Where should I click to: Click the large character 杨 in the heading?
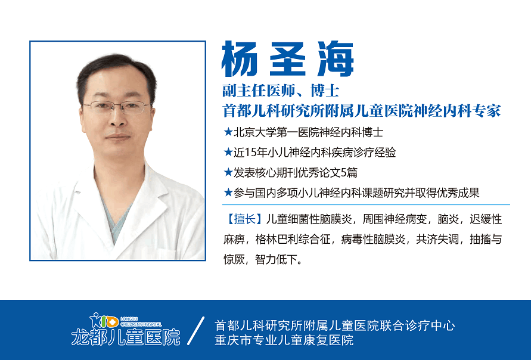point(240,59)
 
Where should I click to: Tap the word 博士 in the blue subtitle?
point(324,91)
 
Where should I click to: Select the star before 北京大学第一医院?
point(228,132)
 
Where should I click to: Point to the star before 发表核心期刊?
point(228,172)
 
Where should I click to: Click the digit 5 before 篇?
point(344,173)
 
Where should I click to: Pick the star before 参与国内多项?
point(228,193)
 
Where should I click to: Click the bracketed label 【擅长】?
point(244,219)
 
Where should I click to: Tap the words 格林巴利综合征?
point(293,240)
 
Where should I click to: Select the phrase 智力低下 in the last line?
point(276,260)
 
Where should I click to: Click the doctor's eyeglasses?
point(117,107)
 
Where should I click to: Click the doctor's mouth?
point(117,137)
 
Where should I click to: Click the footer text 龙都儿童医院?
point(126,337)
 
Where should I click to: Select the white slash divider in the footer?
point(195,331)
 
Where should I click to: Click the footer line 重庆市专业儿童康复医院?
point(284,340)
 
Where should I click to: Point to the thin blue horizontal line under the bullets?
point(366,205)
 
